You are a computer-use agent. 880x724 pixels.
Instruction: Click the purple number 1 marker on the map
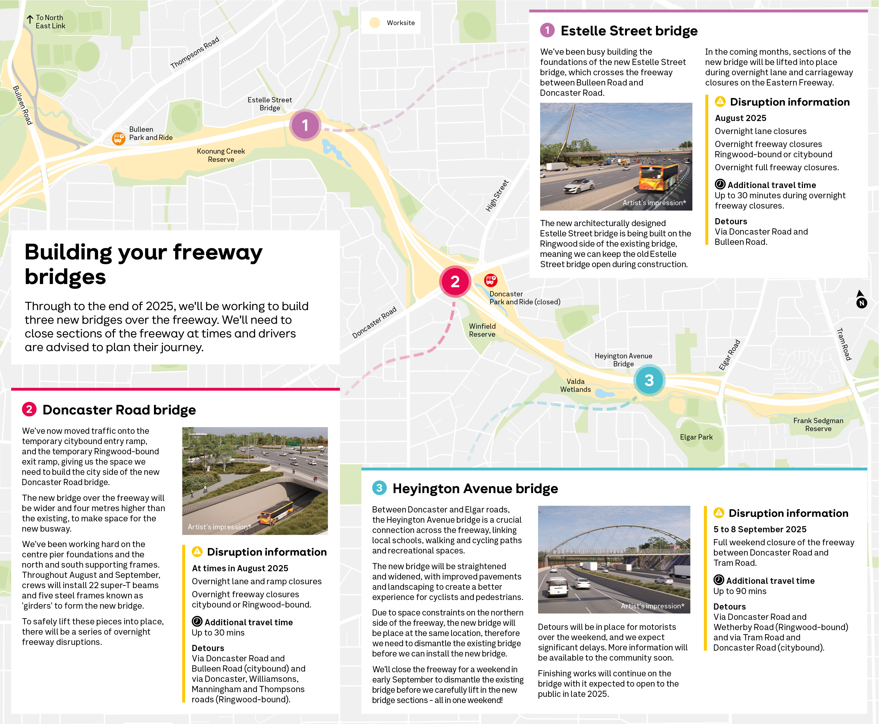pyautogui.click(x=305, y=125)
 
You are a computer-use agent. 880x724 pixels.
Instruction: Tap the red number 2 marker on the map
pyautogui.click(x=455, y=282)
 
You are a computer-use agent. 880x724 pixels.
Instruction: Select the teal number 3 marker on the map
pyautogui.click(x=649, y=380)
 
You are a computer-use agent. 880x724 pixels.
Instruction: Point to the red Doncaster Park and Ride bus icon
pyautogui.click(x=490, y=280)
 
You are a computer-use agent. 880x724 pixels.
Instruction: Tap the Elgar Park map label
pyautogui.click(x=696, y=437)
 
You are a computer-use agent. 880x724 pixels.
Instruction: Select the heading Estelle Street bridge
pyautogui.click(x=629, y=31)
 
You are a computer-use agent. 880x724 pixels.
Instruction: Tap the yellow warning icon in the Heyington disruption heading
pyautogui.click(x=719, y=513)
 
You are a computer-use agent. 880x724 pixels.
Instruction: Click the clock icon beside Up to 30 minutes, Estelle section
pyautogui.click(x=720, y=184)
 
